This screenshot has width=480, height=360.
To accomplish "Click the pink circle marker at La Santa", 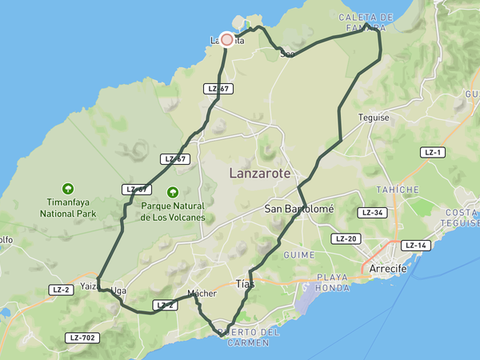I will click(227, 40).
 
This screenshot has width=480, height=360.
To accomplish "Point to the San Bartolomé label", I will click(298, 209).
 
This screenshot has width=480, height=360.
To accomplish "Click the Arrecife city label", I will click(388, 269).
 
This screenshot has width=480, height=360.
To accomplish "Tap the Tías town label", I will click(246, 284).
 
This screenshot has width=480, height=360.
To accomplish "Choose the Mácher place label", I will click(202, 294).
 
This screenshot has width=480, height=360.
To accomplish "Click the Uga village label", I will click(120, 290).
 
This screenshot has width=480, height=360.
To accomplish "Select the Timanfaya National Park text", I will click(68, 209).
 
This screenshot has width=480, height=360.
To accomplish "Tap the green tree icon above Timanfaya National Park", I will click(68, 190).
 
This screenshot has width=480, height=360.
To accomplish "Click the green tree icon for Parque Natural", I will click(172, 192).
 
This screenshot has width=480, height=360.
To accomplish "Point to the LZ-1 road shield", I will click(433, 152).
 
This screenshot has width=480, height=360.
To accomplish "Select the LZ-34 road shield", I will click(373, 213).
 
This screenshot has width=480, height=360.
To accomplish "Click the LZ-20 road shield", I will click(346, 238).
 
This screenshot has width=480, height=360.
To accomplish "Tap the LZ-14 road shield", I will click(416, 246).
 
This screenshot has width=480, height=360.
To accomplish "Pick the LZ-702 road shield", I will click(82, 338).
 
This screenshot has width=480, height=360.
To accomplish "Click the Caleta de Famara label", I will click(366, 22).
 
